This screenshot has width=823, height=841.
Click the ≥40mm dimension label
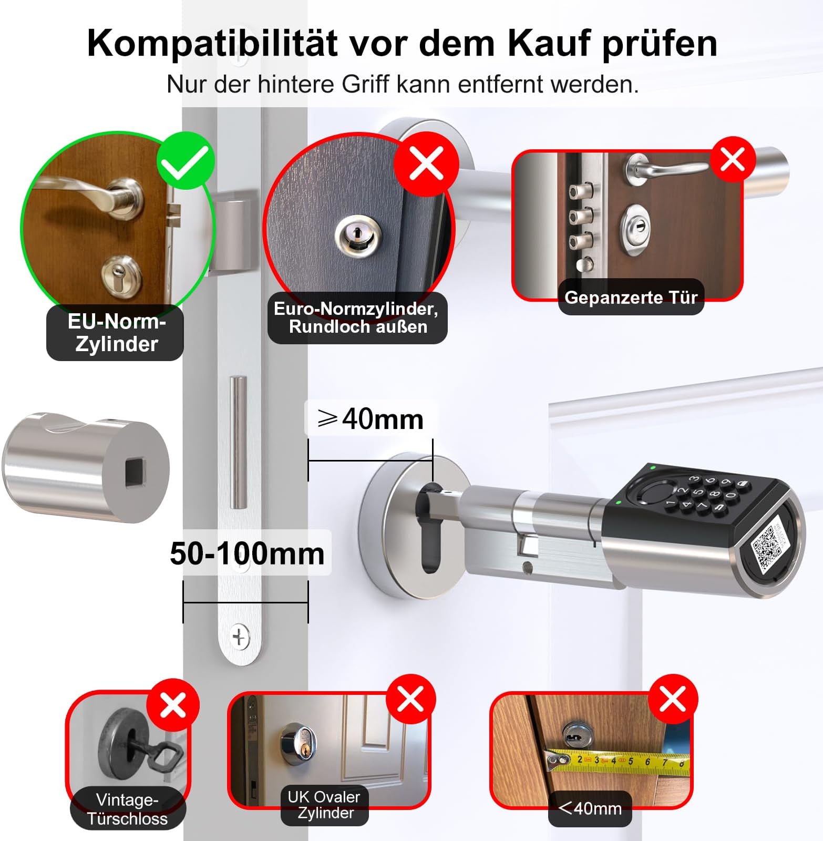point(371,419)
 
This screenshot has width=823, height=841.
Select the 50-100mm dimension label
point(247,553)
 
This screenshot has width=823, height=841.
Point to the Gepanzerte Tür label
point(631,297)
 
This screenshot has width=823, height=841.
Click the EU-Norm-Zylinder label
point(116,332)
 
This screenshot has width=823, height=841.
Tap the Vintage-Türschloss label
point(127,809)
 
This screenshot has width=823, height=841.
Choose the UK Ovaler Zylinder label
point(324,805)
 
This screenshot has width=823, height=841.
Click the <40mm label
point(590,808)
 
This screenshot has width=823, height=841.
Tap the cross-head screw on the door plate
point(240,638)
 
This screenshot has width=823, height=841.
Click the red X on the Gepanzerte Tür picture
point(733,159)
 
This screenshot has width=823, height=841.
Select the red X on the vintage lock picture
point(173,705)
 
